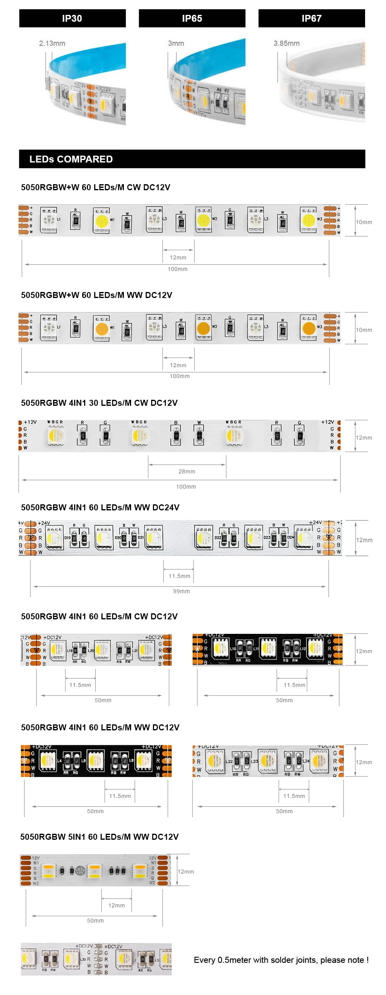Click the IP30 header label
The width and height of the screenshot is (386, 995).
click(x=72, y=19)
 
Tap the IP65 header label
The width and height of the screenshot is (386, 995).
click(x=192, y=19)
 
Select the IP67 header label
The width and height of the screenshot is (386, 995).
click(x=312, y=19)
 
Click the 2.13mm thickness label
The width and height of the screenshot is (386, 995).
click(x=52, y=43)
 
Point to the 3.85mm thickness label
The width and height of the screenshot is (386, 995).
click(x=286, y=43)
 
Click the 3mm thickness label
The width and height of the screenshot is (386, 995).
click(x=176, y=43)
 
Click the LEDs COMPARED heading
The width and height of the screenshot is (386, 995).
click(x=71, y=159)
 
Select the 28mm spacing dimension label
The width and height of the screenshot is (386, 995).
click(x=187, y=471)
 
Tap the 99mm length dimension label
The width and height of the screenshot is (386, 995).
click(x=181, y=591)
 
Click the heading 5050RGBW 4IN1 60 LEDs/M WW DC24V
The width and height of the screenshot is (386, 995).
click(x=100, y=508)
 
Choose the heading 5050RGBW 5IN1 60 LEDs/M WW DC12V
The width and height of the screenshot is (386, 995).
click(x=99, y=837)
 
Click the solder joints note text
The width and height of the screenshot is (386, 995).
click(x=281, y=960)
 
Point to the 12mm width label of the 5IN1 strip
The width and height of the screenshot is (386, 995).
click(x=186, y=872)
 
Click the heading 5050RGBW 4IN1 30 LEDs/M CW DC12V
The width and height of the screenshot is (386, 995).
click(x=99, y=403)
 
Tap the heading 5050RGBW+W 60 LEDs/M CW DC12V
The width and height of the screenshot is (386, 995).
click(x=96, y=187)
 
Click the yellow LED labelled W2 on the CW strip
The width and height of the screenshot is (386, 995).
click(x=203, y=220)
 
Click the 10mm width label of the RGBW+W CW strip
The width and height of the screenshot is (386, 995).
click(x=363, y=222)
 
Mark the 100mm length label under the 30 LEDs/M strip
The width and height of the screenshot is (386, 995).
click(x=186, y=487)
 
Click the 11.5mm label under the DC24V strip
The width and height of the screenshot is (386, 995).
click(x=179, y=576)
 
